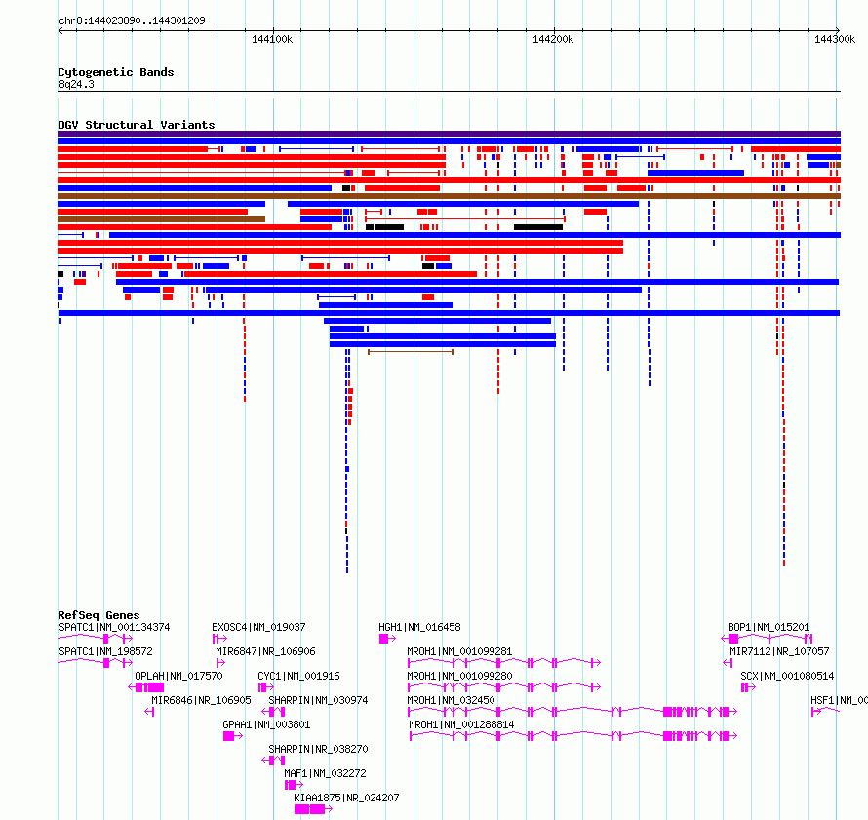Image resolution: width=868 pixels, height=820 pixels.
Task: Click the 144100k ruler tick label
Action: pyautogui.click(x=272, y=40)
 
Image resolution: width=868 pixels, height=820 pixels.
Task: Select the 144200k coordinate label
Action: pyautogui.click(x=553, y=40)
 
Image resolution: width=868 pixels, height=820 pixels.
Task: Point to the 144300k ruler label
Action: pyautogui.click(x=835, y=40)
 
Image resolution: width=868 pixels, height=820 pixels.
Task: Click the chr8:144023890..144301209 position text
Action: pyautogui.click(x=132, y=21)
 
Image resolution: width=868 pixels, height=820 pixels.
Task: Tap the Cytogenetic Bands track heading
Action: pyautogui.click(x=116, y=72)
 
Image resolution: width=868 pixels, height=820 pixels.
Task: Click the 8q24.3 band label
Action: pyautogui.click(x=76, y=85)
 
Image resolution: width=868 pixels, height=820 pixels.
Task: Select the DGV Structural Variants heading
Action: pyautogui.click(x=137, y=125)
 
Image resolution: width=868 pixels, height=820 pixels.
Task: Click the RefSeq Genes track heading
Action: pyautogui.click(x=99, y=615)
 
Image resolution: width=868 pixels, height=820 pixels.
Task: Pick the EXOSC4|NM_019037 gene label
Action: pyautogui.click(x=258, y=628)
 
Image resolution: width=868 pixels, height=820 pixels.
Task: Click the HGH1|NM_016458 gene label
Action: pyautogui.click(x=419, y=628)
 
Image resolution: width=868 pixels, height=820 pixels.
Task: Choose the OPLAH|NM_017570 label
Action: pyautogui.click(x=178, y=676)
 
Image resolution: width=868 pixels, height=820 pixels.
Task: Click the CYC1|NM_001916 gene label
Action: pyautogui.click(x=299, y=676)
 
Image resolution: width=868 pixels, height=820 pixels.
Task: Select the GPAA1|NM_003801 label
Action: pyautogui.click(x=266, y=724)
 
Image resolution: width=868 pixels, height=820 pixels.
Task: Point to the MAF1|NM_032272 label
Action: pyautogui.click(x=326, y=773)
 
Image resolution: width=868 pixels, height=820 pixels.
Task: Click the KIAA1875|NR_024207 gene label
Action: pyautogui.click(x=346, y=798)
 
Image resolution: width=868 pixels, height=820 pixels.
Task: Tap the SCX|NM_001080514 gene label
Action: pyautogui.click(x=787, y=676)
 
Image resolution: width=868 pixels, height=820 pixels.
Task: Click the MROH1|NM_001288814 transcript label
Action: pyautogui.click(x=461, y=724)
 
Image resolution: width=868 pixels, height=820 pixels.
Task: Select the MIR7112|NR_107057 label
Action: pyautogui.click(x=779, y=651)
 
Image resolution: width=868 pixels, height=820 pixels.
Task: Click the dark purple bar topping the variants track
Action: pyautogui.click(x=449, y=134)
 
